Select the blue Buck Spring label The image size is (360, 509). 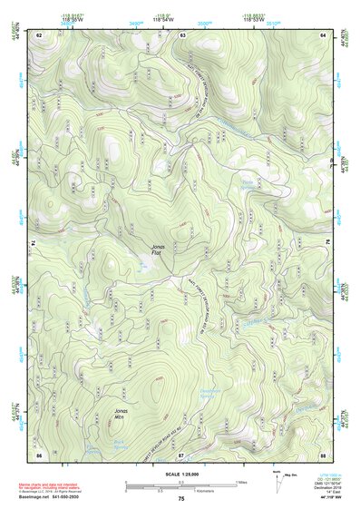click(x=120, y=445)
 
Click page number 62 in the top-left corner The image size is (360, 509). click(x=39, y=34)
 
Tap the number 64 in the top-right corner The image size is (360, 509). click(x=324, y=34)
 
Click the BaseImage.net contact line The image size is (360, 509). click(x=56, y=498)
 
